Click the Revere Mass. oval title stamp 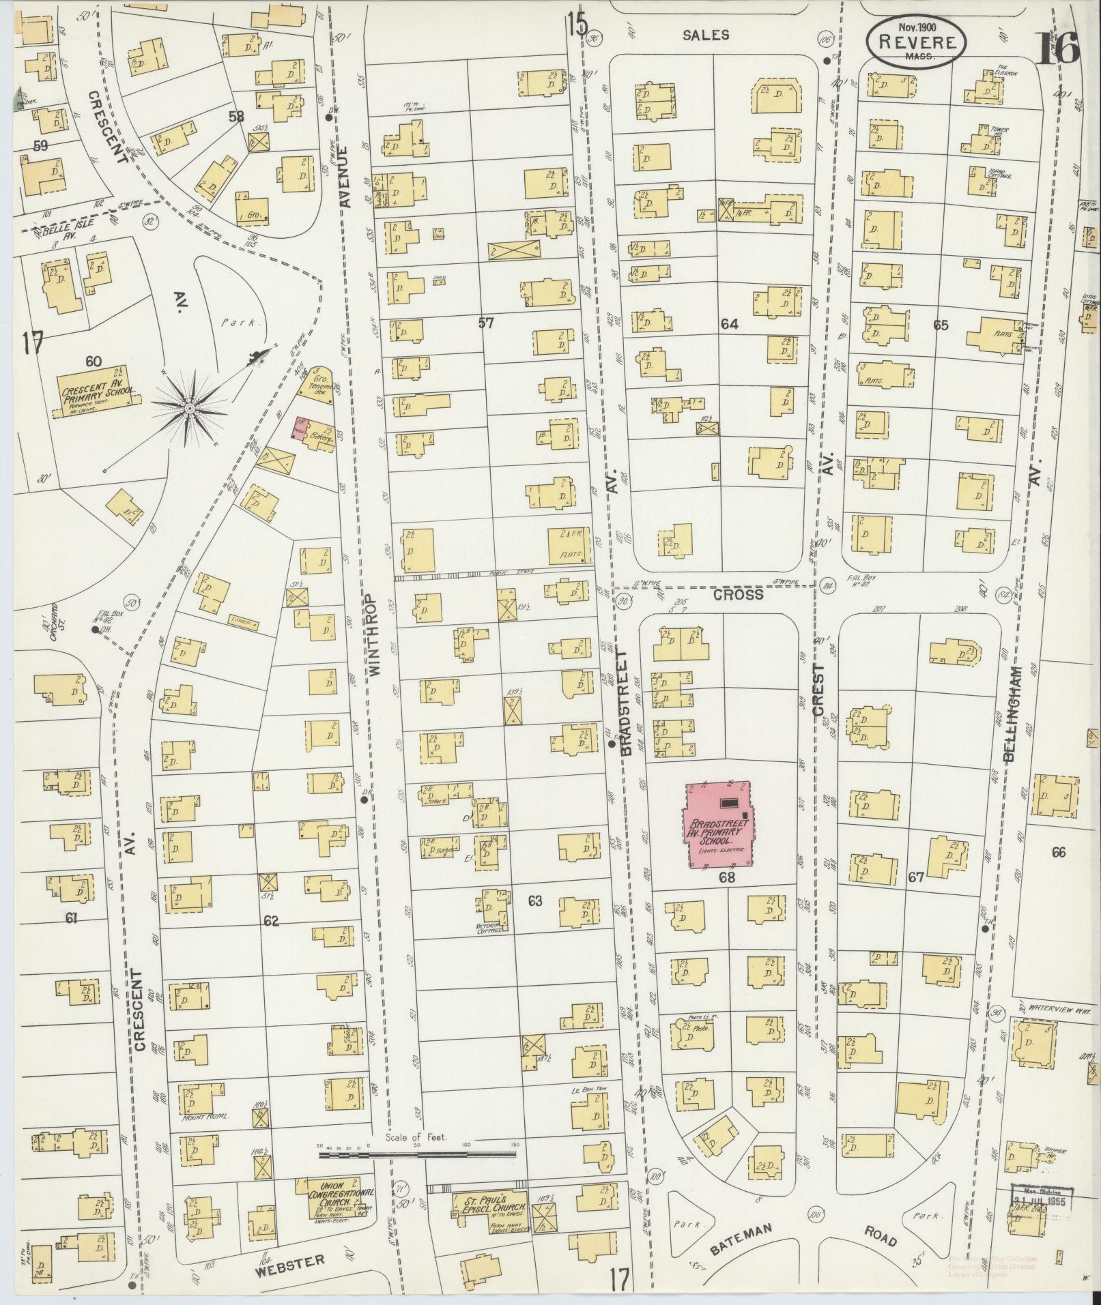916,42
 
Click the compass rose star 189,408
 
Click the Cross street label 738,594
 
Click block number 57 485,323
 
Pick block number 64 729,324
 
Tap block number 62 271,921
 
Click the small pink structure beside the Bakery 299,428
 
